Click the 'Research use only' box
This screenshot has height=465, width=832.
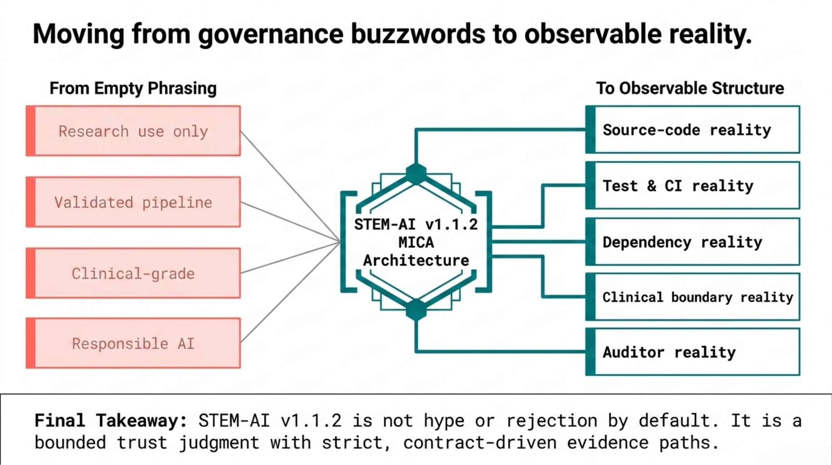[133, 131]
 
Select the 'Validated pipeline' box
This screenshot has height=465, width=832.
[133, 202]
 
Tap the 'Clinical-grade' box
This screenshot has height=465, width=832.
[133, 273]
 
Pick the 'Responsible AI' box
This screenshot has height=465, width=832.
[133, 343]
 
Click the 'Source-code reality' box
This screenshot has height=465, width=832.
[693, 130]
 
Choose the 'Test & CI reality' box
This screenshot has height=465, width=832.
[693, 186]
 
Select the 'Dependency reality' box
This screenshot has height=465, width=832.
[693, 242]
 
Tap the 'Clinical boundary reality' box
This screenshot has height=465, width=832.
[693, 297]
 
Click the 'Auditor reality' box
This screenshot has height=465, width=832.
[693, 352]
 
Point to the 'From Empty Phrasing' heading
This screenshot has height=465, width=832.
[133, 88]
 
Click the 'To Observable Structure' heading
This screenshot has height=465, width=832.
[690, 88]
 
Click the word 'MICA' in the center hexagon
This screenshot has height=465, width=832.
[416, 242]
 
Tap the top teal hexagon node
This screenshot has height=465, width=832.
[416, 173]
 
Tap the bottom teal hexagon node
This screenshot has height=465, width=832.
[416, 310]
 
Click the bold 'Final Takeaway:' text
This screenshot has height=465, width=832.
[111, 420]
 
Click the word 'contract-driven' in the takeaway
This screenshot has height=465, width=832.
[480, 442]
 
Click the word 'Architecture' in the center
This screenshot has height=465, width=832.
[416, 261]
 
